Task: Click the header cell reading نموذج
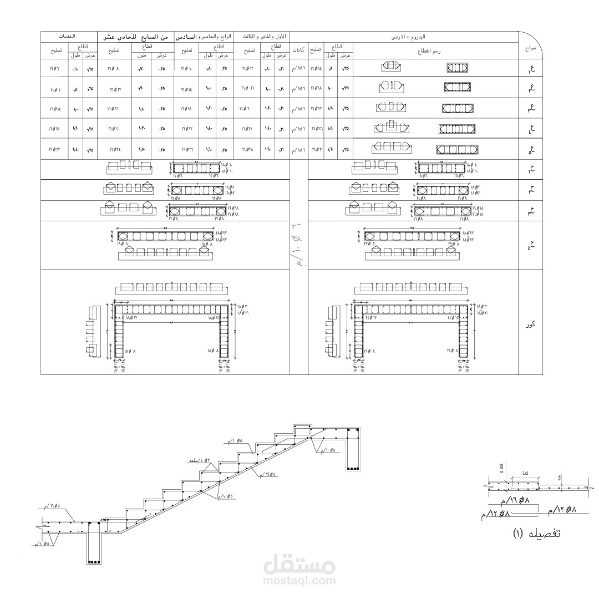[530, 49]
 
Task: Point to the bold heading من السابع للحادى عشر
[136, 36]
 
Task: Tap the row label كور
[530, 323]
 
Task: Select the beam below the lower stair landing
[94, 549]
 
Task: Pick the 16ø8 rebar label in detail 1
[512, 501]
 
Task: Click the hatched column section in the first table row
[458, 68]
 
